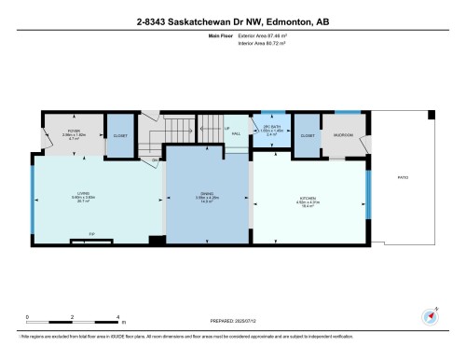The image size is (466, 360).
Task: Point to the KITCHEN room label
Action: click(308, 197)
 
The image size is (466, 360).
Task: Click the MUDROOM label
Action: click(342, 134)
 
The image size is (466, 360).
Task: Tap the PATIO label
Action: click(404, 175)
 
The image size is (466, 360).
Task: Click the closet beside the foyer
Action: click(119, 134)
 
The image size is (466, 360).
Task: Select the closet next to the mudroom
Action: click(307, 134)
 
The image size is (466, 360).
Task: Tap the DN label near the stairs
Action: click(155, 159)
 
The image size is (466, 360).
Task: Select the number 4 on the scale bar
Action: click(117, 317)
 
